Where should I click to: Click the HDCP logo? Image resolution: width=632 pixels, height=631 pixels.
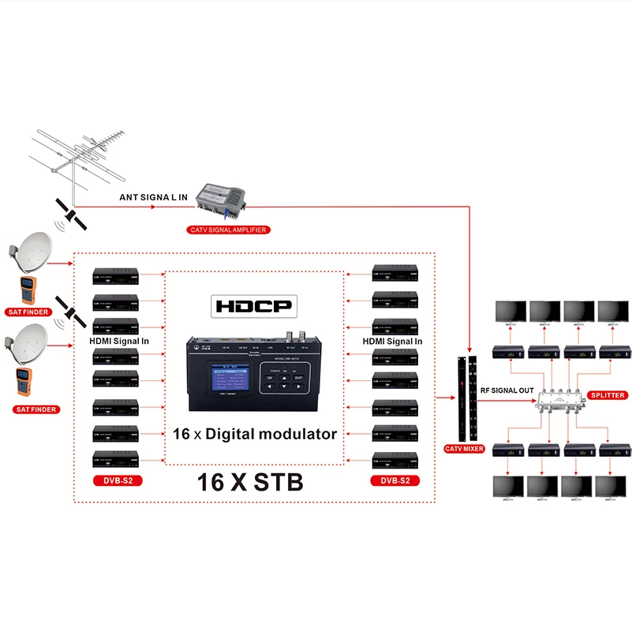pos(253,306)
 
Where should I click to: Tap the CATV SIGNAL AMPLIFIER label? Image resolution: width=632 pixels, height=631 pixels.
pos(228,230)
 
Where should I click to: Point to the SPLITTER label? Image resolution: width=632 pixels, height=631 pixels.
pos(608,394)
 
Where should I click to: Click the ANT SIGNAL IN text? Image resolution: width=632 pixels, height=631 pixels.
pos(153,198)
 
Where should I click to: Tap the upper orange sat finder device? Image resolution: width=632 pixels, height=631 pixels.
pos(24,292)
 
